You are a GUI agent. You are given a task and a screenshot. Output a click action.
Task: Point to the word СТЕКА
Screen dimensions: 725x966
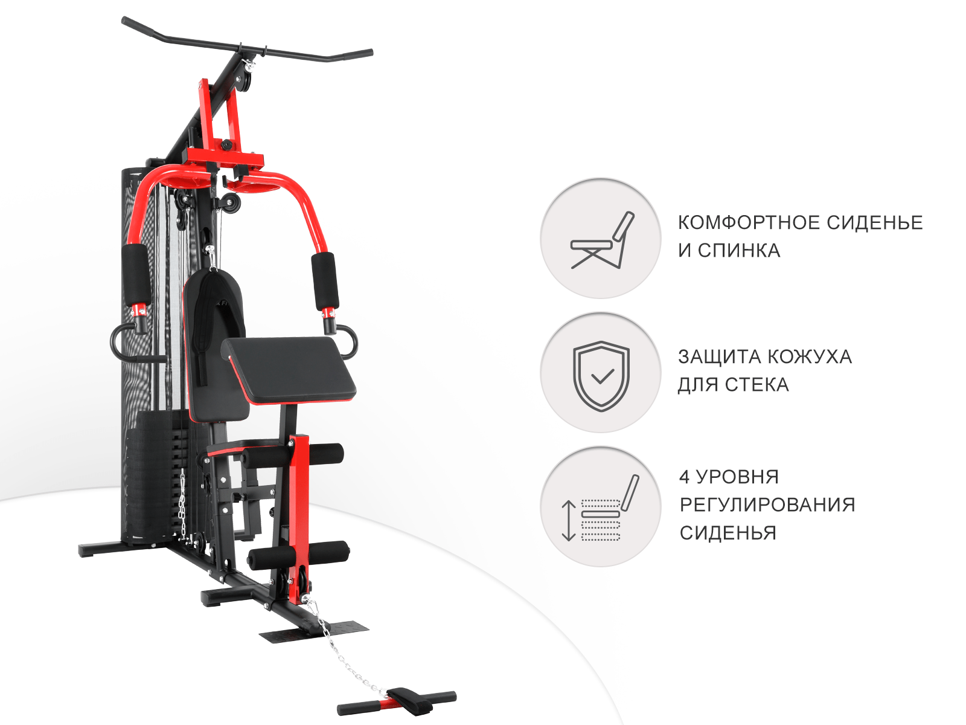(757, 385)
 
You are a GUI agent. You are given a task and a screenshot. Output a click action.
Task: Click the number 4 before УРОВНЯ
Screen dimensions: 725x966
(684, 477)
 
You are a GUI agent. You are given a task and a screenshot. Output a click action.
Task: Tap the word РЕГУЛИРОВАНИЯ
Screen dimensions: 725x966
(767, 505)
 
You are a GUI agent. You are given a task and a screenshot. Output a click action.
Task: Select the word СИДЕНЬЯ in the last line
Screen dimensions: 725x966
(728, 533)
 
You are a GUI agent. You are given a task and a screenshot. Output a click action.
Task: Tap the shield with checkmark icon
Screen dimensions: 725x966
(601, 375)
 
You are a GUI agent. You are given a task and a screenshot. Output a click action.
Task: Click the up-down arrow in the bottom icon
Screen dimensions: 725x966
(569, 520)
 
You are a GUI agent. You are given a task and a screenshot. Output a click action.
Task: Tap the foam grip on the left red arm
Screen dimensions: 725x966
(136, 275)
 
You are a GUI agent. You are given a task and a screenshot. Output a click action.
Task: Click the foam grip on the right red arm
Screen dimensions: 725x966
(325, 281)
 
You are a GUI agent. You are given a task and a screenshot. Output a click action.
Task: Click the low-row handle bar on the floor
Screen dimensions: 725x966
(397, 703)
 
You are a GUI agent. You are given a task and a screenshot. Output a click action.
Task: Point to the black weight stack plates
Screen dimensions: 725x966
(154, 477)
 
